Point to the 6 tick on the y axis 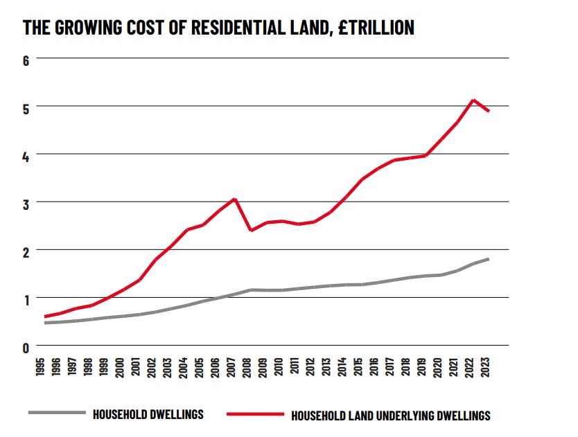[27, 60]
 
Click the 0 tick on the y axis [27, 347]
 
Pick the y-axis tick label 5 [27, 108]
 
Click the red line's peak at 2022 [473, 100]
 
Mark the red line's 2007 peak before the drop [235, 199]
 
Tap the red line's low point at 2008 [251, 230]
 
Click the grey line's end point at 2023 [489, 259]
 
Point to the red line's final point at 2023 [489, 111]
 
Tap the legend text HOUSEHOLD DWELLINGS [148, 414]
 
